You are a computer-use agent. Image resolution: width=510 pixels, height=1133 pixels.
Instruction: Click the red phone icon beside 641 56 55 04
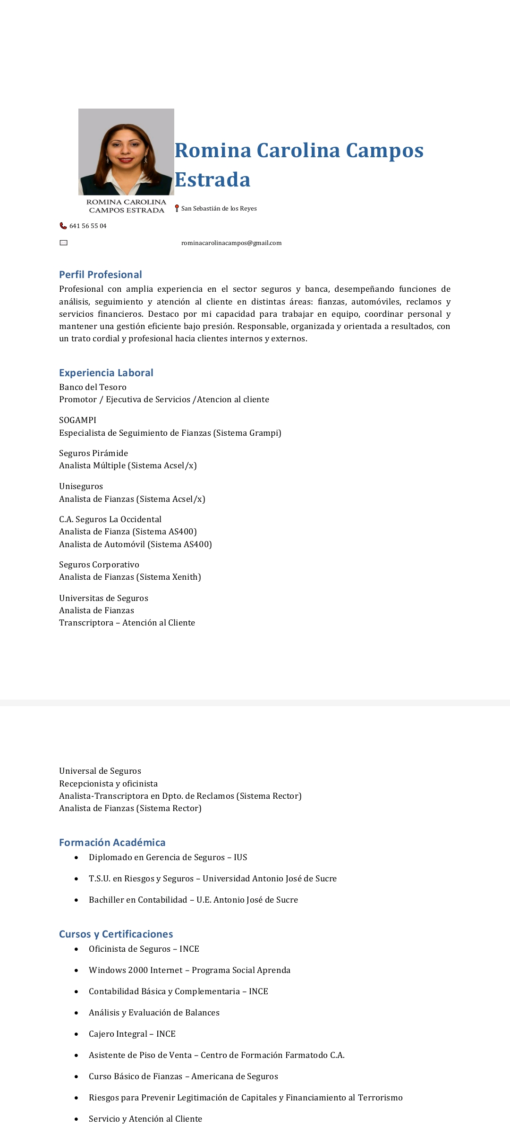(x=63, y=226)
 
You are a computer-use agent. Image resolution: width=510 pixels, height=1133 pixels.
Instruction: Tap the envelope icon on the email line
(x=64, y=243)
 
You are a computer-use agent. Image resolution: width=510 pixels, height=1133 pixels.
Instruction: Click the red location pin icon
(x=177, y=208)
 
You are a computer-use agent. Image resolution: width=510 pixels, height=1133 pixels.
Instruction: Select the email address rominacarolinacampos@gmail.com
(x=231, y=243)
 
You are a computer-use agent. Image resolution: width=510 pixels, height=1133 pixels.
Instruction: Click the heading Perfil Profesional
(x=101, y=275)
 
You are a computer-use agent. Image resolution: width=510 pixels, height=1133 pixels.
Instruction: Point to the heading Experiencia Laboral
(x=106, y=373)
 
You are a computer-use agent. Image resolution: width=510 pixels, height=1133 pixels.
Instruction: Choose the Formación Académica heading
(x=112, y=843)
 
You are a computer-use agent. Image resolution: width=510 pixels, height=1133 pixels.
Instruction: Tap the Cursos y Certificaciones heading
(x=116, y=934)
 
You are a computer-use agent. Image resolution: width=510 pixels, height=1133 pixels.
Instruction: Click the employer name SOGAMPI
(x=77, y=420)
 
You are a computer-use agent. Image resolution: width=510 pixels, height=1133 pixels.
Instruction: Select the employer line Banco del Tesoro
(x=93, y=387)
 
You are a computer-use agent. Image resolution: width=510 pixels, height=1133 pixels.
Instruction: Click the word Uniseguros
(x=81, y=486)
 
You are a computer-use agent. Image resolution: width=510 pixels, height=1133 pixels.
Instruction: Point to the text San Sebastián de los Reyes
(x=219, y=209)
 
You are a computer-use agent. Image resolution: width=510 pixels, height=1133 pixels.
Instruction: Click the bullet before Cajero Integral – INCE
(x=76, y=1034)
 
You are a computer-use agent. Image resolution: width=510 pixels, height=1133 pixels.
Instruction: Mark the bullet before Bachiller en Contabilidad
(x=76, y=900)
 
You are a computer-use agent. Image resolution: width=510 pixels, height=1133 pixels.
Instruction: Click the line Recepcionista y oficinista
(x=108, y=784)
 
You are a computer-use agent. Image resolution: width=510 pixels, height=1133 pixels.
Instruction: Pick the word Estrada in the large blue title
(x=212, y=180)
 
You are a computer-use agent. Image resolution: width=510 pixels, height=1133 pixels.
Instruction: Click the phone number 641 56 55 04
(x=88, y=226)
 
